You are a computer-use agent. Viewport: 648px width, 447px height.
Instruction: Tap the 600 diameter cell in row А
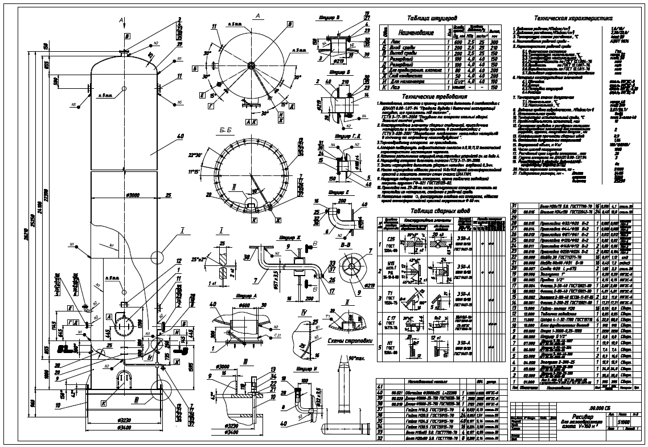coord(458,42)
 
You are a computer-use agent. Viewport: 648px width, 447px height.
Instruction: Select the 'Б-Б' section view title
coord(240,130)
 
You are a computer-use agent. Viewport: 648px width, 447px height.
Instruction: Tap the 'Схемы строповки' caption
coord(348,341)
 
